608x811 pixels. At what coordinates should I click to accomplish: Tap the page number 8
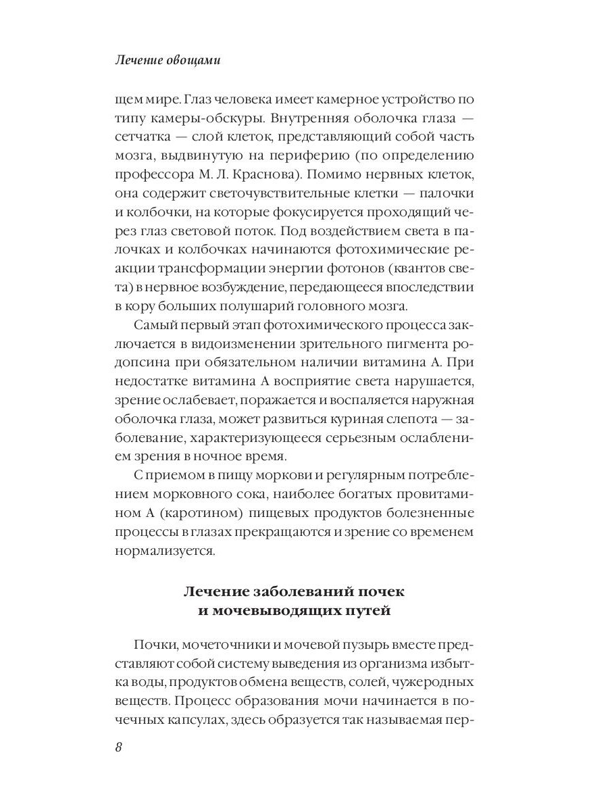[119, 747]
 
